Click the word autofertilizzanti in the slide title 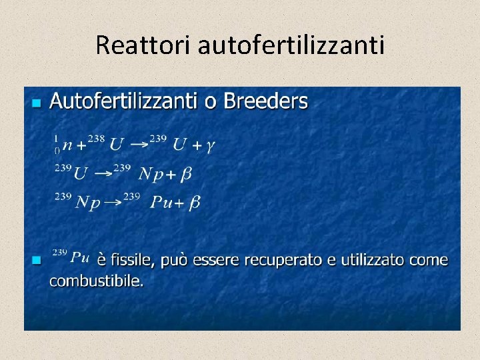pyautogui.click(x=291, y=45)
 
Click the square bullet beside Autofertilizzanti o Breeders pyautogui.click(x=36, y=103)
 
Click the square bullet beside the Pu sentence pyautogui.click(x=36, y=259)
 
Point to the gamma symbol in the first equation pyautogui.click(x=210, y=145)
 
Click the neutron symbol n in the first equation pyautogui.click(x=67, y=145)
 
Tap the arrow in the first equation pyautogui.click(x=139, y=143)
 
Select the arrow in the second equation pyautogui.click(x=103, y=173)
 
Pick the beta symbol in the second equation pyautogui.click(x=186, y=174)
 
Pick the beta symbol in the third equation pyautogui.click(x=195, y=203)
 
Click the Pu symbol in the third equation pyautogui.click(x=161, y=202)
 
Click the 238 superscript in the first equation pyautogui.click(x=96, y=139)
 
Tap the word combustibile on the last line pyautogui.click(x=96, y=281)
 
